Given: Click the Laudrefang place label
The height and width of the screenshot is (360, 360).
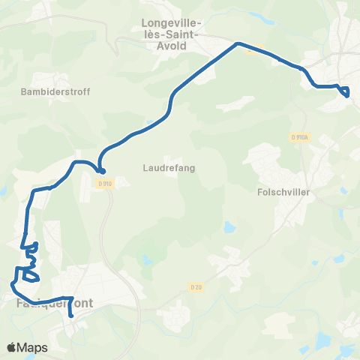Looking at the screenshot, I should click(x=169, y=168).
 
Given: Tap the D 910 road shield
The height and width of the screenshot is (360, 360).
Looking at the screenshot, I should click(x=104, y=183).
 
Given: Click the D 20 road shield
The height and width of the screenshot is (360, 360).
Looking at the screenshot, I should click(x=195, y=286).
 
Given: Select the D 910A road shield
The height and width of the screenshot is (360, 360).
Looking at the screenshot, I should click(x=298, y=137).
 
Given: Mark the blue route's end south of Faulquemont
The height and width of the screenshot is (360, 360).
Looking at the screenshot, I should click(x=71, y=316).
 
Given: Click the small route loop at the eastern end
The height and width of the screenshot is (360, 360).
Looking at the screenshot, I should click(x=345, y=91).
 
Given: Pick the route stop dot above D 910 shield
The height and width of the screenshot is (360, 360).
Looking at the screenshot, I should click(x=101, y=170).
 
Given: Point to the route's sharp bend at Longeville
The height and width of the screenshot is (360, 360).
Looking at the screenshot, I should click(x=238, y=43).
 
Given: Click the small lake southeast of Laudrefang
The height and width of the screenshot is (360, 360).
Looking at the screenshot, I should click(x=227, y=226).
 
